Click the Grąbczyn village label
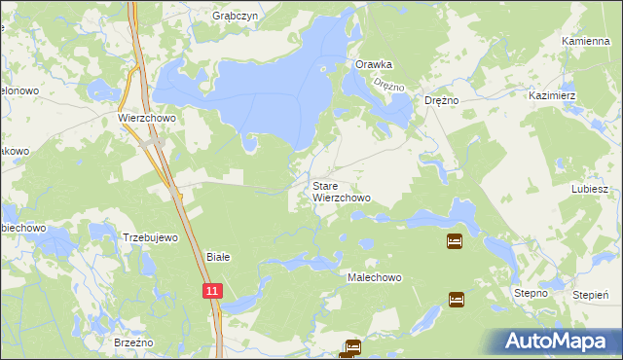[233, 17]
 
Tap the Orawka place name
[373, 64]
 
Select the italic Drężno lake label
[388, 86]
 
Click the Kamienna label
[585, 42]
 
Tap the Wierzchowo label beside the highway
[144, 117]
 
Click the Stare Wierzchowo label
[341, 191]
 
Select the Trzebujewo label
[150, 237]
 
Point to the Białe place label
[218, 257]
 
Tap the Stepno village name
[531, 293]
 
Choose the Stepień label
[591, 293]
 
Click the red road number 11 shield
[212, 290]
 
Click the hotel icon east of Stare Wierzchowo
[454, 240]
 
